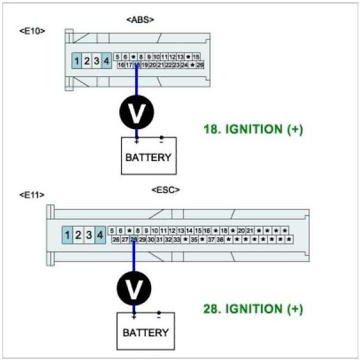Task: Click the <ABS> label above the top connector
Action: pyautogui.click(x=140, y=20)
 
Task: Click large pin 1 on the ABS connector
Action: pyautogui.click(x=77, y=60)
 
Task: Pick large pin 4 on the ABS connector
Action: pyautogui.click(x=106, y=60)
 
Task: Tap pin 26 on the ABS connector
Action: pyautogui.click(x=200, y=65)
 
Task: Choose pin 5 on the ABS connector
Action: pyautogui.click(x=118, y=57)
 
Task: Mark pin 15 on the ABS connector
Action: pyautogui.click(x=196, y=57)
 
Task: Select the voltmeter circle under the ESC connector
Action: pyautogui.click(x=135, y=289)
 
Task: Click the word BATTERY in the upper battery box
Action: pyautogui.click(x=148, y=158)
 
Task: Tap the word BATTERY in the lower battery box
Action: pyautogui.click(x=146, y=333)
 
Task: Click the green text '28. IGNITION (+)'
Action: pyautogui.click(x=253, y=309)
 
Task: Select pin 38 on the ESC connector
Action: pyautogui.click(x=220, y=240)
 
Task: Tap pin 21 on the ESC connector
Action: pyautogui.click(x=250, y=231)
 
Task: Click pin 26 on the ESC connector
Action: pyautogui.click(x=116, y=240)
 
